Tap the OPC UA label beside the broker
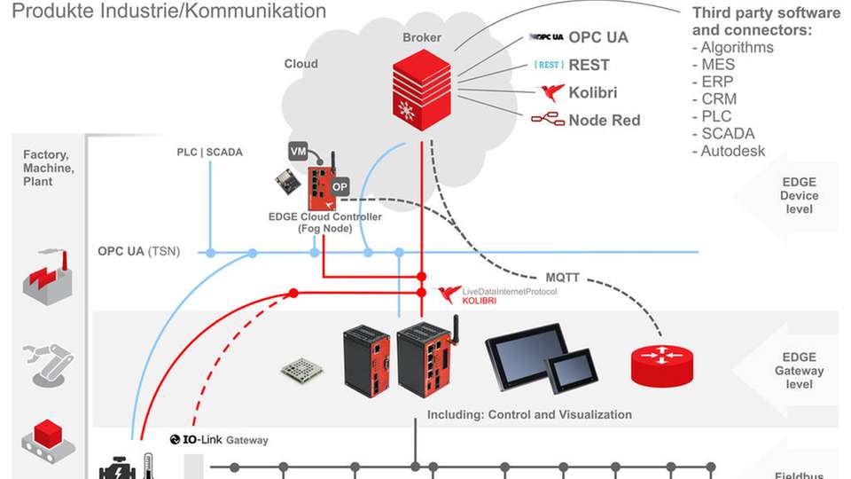click(598, 38)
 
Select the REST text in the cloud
click(589, 65)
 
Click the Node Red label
click(604, 120)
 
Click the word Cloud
click(301, 64)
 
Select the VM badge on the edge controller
click(299, 152)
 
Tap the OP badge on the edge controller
click(340, 188)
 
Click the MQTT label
click(562, 278)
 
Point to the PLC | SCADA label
click(209, 152)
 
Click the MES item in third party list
click(718, 65)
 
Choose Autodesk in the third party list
click(732, 151)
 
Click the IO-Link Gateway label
click(219, 440)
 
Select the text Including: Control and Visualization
click(529, 414)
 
